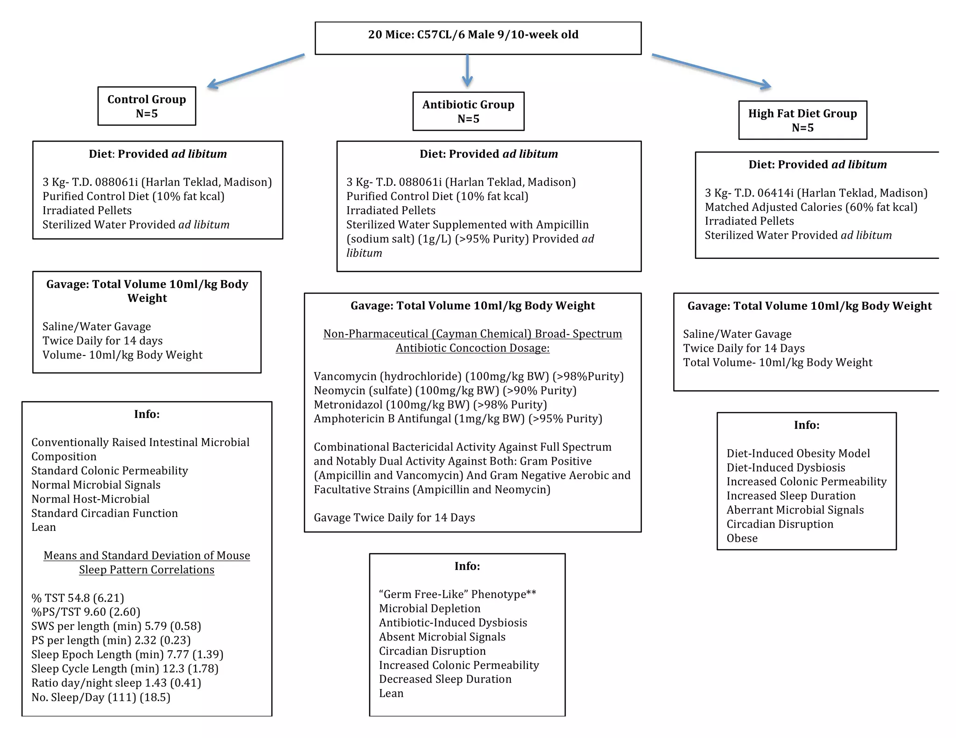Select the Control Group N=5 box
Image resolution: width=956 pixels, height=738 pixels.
(147, 106)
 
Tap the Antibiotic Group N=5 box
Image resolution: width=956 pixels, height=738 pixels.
(468, 111)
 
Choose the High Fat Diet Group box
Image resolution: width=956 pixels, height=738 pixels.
(802, 120)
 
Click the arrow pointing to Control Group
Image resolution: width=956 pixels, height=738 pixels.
(256, 70)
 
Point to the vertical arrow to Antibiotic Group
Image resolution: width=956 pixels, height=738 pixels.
(467, 70)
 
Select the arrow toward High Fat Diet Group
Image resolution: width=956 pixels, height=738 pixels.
(711, 70)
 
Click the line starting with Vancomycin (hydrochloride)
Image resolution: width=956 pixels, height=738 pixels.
(468, 376)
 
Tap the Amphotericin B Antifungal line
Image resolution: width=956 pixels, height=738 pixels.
(457, 419)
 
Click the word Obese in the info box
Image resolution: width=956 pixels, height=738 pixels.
(742, 538)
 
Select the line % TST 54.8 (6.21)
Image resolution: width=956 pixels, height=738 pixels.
(77, 598)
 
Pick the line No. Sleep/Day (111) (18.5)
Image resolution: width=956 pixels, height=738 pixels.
(100, 697)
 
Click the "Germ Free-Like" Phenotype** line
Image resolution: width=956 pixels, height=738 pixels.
(457, 594)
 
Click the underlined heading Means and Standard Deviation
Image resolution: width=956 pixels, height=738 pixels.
(147, 563)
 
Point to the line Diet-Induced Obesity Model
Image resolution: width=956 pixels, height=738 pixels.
(798, 453)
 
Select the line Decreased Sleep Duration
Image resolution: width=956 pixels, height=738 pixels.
(445, 679)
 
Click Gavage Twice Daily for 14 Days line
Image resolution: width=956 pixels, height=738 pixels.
(394, 518)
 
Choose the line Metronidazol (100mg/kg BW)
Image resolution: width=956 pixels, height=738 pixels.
(430, 405)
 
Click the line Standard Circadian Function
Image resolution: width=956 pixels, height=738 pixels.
(105, 513)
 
